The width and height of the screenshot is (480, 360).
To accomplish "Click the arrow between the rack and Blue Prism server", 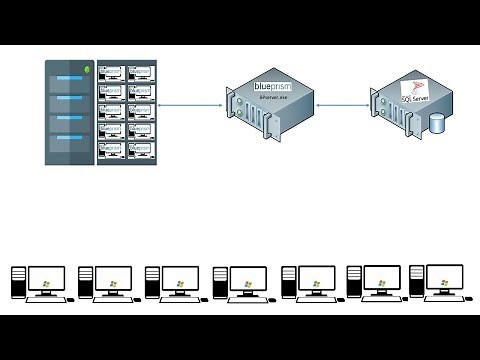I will click(x=189, y=103).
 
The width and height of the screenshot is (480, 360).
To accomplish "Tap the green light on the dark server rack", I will click(x=88, y=70).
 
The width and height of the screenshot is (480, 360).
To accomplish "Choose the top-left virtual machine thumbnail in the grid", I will click(x=112, y=73).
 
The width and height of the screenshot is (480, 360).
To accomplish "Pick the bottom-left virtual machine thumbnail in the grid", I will click(x=112, y=151).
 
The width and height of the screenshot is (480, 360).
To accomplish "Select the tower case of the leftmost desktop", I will click(x=18, y=284).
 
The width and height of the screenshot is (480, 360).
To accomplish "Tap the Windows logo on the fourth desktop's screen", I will click(x=247, y=283).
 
